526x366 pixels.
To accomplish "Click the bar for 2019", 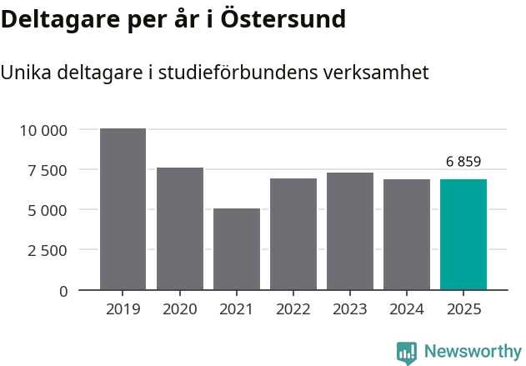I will pos(123,209).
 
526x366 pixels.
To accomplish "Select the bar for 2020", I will pos(180,228).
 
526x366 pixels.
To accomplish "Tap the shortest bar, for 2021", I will pos(237,249).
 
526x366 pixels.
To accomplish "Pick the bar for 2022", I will pos(293,234).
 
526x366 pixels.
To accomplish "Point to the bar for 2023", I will pos(350,231).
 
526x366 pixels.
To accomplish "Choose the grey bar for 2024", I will pos(407,234).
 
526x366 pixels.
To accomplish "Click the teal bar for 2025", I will pos(463,234).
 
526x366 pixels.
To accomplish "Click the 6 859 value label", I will pos(463,162).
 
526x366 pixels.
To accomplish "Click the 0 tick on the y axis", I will pos(63,290).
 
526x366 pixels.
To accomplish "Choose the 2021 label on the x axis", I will pos(237,309).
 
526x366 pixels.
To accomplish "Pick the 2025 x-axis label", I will pos(463,309).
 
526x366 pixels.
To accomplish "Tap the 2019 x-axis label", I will pos(123,309).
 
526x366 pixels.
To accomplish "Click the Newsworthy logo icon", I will pos(407,352).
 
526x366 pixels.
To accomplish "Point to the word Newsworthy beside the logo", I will pos(472,352).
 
